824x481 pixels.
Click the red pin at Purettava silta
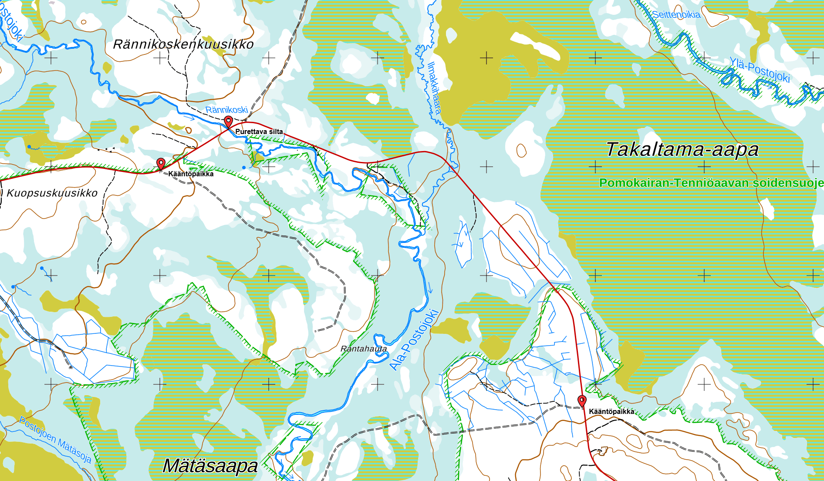click(228, 121)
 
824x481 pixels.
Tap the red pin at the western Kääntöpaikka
click(161, 163)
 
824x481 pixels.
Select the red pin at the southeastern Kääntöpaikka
click(582, 400)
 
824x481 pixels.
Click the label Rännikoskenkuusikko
click(183, 44)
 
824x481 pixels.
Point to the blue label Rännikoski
click(226, 110)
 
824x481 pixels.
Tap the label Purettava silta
click(259, 131)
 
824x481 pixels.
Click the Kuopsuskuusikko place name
click(52, 193)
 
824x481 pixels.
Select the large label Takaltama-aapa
click(682, 149)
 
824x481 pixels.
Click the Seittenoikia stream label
click(676, 15)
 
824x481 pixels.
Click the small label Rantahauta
click(364, 349)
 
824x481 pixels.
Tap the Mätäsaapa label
click(210, 466)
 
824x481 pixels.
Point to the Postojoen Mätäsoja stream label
click(55, 439)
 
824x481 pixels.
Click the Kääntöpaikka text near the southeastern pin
click(611, 411)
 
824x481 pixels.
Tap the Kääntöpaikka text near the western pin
click(191, 174)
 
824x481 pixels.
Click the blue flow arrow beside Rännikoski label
click(189, 117)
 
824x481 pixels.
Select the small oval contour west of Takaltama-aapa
click(521, 151)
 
